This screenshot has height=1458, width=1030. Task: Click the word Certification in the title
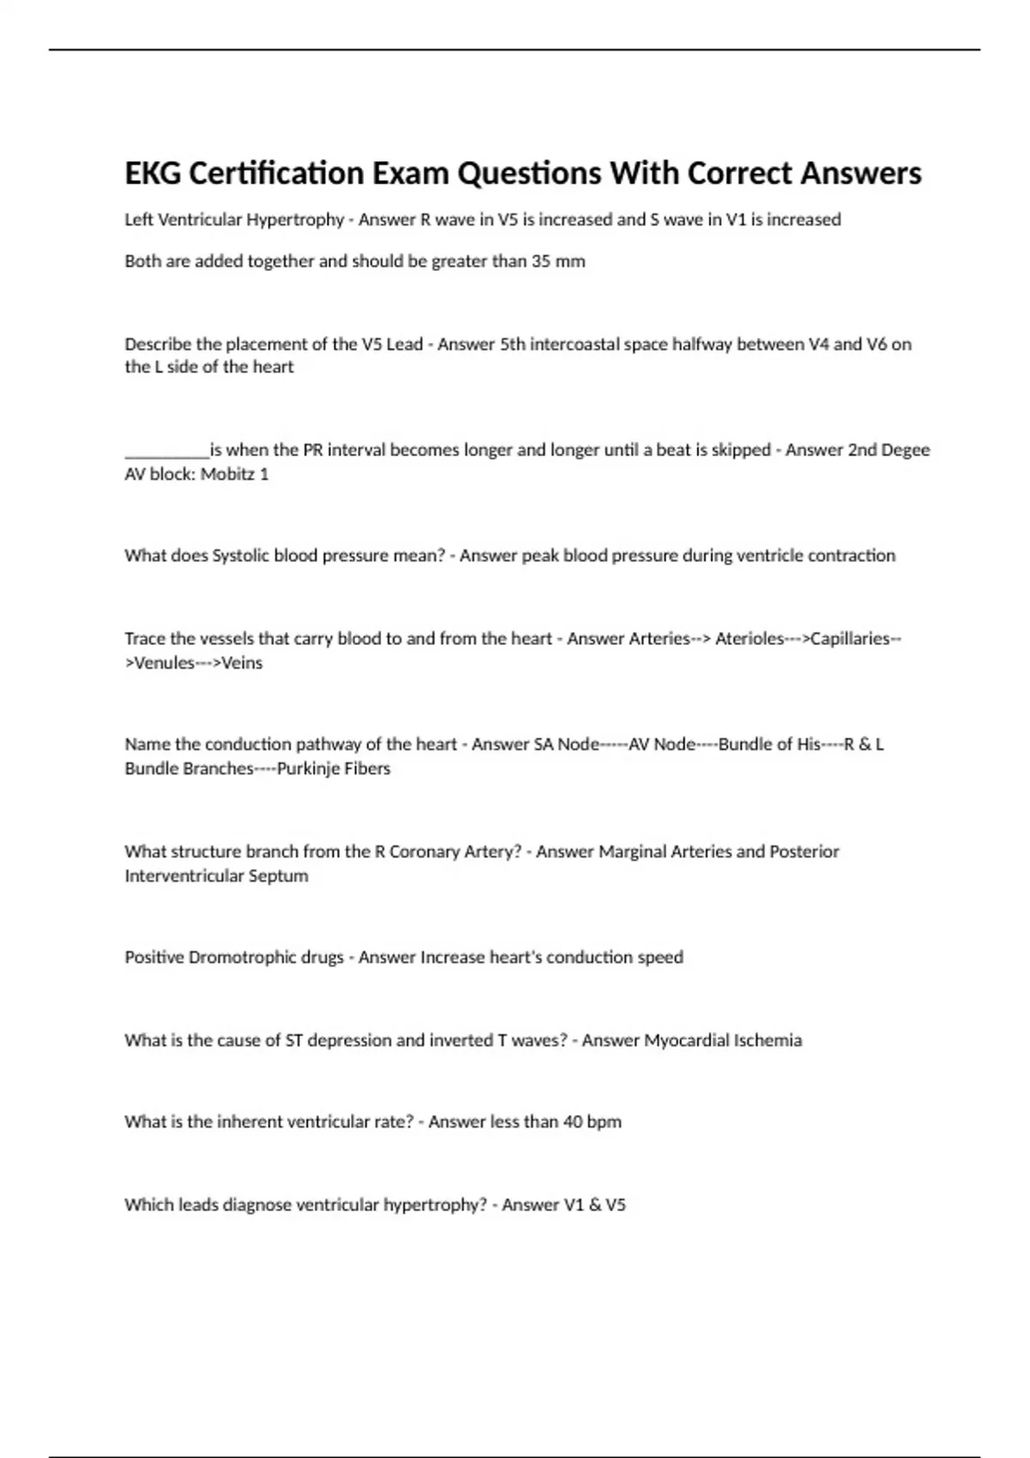pos(276,173)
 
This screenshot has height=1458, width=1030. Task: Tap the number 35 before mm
pos(541,261)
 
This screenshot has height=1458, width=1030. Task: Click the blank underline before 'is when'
pos(167,451)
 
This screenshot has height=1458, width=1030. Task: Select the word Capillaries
pos(850,639)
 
